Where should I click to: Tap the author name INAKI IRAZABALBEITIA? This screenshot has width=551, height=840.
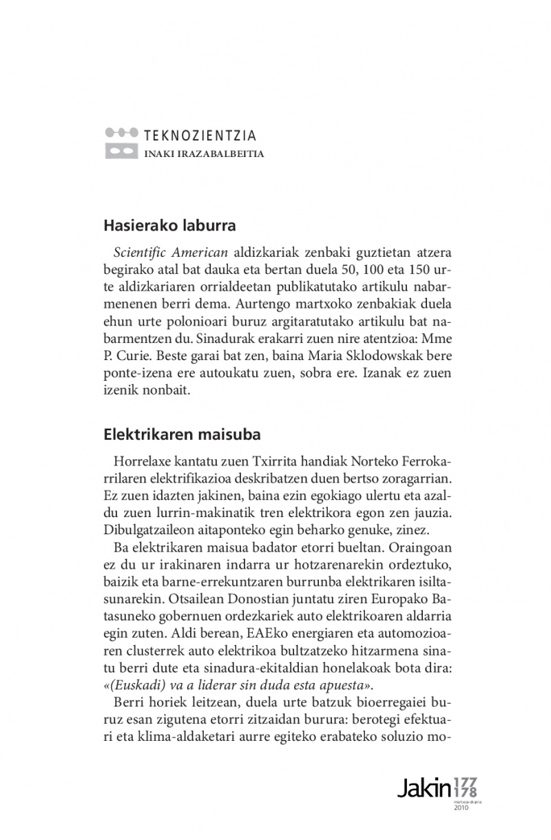click(x=203, y=154)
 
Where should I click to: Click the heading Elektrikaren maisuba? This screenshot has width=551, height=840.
click(x=182, y=435)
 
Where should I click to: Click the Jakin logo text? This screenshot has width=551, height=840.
click(x=424, y=788)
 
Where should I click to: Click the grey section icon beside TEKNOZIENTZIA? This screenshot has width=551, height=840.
click(x=121, y=143)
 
